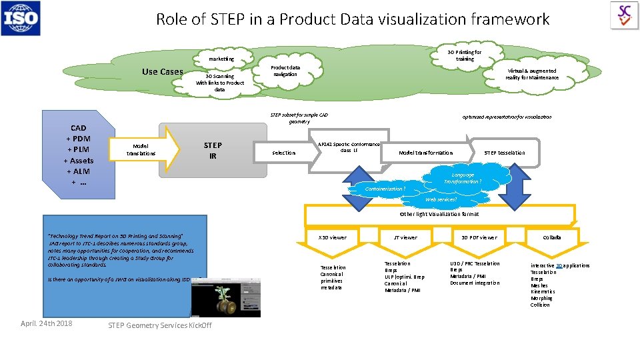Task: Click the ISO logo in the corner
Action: click(x=21, y=18)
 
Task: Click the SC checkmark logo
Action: click(x=624, y=15)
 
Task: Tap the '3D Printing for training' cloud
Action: click(x=464, y=55)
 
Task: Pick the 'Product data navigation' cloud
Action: click(x=285, y=71)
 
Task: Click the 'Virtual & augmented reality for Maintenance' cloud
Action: click(x=532, y=74)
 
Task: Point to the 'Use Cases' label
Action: click(x=162, y=72)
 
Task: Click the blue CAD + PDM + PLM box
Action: click(x=78, y=155)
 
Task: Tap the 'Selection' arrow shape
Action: click(x=283, y=153)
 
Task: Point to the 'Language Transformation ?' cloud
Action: click(x=462, y=178)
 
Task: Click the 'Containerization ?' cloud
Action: click(x=385, y=189)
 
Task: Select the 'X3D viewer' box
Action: click(x=332, y=237)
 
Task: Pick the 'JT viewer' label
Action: click(x=405, y=237)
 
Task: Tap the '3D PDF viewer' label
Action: click(x=479, y=237)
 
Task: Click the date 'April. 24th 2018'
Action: click(x=47, y=324)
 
